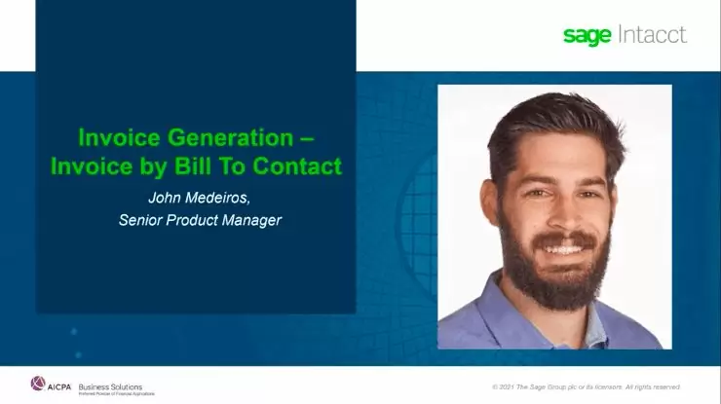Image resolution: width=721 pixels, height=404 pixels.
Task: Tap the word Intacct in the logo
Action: click(652, 35)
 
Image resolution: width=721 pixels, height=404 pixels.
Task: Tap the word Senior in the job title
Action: click(139, 220)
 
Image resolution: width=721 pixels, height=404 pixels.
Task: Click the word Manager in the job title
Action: click(252, 220)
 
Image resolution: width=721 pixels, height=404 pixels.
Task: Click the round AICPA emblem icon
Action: click(38, 383)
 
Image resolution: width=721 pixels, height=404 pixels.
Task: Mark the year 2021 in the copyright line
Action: click(508, 386)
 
